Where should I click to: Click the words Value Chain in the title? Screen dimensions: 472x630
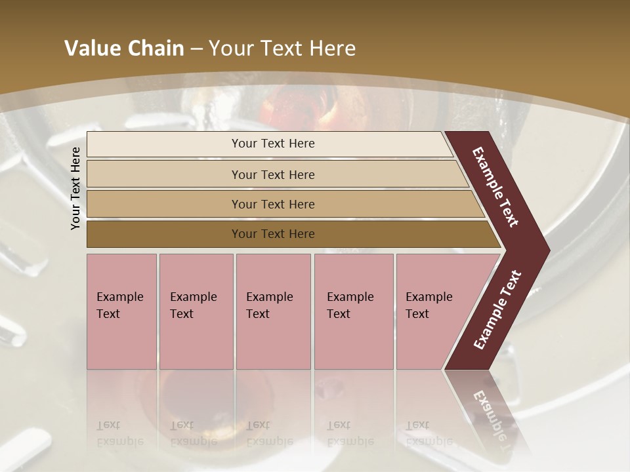click(124, 49)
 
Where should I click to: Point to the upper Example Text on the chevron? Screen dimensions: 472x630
click(495, 187)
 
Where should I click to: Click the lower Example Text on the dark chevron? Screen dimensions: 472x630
click(497, 310)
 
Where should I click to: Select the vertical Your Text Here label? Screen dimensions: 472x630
click(75, 188)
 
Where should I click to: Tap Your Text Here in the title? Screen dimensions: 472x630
click(282, 49)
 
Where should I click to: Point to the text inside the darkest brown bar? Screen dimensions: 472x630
click(273, 234)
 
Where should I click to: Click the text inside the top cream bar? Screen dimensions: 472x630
click(273, 144)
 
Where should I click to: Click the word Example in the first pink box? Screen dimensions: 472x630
click(119, 297)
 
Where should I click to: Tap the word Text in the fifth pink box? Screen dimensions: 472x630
click(417, 314)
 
